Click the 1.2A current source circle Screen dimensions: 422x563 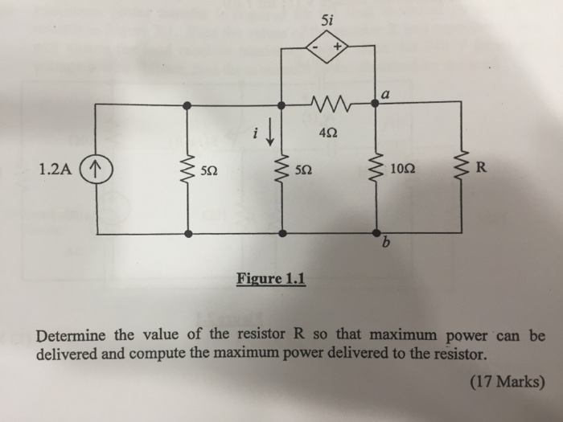(97, 170)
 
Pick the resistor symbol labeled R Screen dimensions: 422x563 (462, 169)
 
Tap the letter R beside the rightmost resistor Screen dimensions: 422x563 (481, 169)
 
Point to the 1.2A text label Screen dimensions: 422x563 (55, 170)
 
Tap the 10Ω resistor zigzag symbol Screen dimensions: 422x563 (376, 169)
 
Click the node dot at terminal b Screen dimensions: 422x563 (376, 234)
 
